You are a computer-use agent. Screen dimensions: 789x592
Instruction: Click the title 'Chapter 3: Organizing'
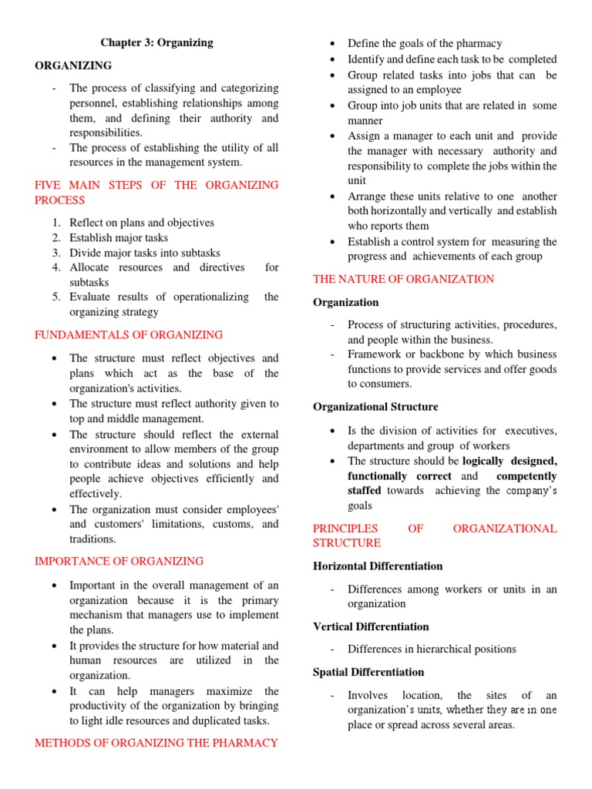coord(156,42)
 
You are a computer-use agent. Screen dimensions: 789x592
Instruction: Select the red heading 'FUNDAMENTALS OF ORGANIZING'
coord(129,335)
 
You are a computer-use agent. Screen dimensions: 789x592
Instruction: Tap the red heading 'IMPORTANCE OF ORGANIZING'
coord(119,562)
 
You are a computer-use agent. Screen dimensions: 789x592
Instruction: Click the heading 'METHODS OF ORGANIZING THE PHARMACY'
coord(156,744)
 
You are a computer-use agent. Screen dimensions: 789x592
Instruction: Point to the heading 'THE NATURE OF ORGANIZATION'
coord(403,279)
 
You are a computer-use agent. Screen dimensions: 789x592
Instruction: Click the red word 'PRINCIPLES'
coord(345,529)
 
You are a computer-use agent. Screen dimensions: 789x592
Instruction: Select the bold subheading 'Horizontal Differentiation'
coord(378,566)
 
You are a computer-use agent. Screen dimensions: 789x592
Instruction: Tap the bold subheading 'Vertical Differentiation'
coord(371,626)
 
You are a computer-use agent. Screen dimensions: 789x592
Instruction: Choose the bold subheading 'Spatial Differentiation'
coord(368,672)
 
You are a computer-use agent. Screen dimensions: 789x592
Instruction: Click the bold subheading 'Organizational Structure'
coord(375,407)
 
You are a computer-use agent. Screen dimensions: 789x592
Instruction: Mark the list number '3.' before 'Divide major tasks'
coord(56,253)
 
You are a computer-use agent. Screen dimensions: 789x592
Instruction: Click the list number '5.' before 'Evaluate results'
coord(56,297)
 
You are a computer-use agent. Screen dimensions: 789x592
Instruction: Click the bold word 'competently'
coord(526,476)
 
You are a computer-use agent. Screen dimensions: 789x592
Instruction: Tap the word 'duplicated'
coord(212,721)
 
